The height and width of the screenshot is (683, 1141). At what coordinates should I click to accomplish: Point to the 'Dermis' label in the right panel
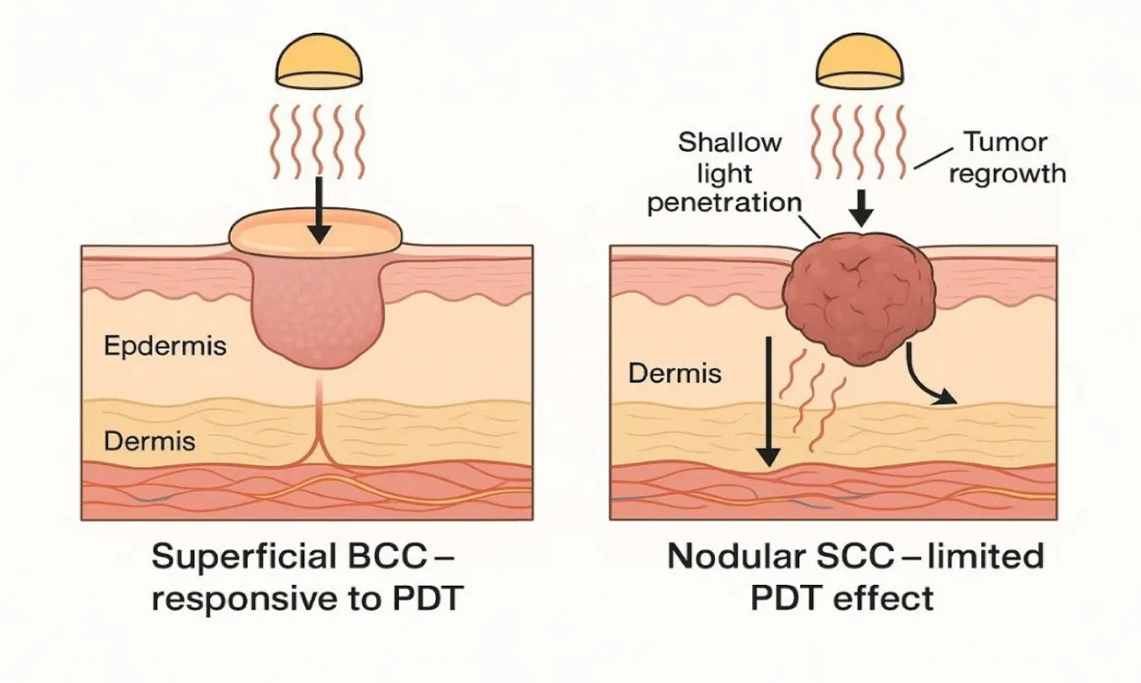click(x=676, y=373)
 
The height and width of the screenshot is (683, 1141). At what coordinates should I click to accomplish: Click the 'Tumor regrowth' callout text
click(x=1007, y=158)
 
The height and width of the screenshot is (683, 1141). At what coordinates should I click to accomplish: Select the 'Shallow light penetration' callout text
click(x=724, y=173)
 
